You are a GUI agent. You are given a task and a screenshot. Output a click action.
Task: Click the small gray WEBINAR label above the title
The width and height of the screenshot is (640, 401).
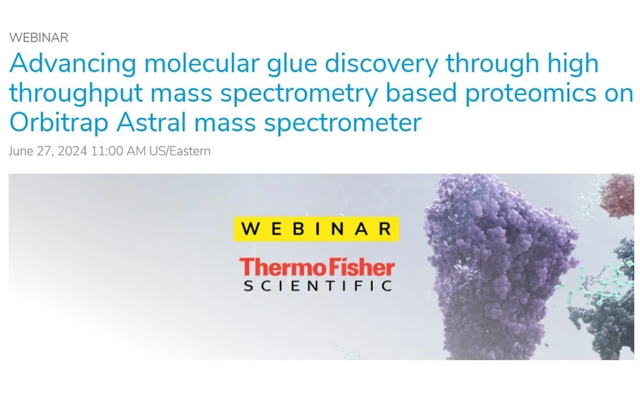[39, 37]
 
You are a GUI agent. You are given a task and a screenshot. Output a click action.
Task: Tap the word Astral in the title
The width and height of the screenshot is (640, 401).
[150, 122]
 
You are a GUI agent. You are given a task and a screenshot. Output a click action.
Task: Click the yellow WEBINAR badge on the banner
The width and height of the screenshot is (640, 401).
[316, 228]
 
